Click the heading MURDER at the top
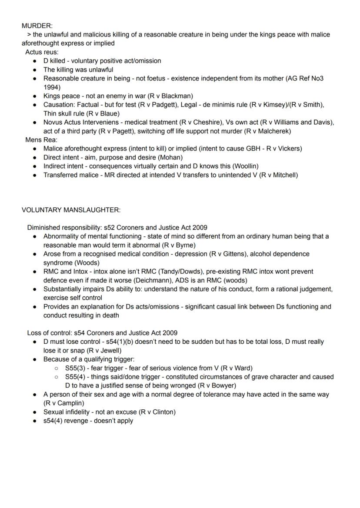[x=37, y=26]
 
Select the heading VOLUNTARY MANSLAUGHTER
[x=71, y=210]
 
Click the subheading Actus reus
[x=42, y=52]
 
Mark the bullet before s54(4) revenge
[x=35, y=421]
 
